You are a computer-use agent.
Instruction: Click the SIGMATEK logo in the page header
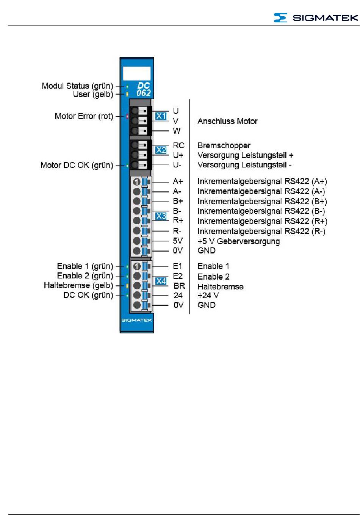[316, 17]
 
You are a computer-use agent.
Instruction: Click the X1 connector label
[161, 116]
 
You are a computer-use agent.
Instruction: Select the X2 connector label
[161, 150]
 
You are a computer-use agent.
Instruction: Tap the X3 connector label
[161, 216]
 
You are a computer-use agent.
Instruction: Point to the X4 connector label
[161, 281]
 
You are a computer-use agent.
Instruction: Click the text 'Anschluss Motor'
[227, 121]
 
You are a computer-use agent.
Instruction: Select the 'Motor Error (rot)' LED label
[84, 116]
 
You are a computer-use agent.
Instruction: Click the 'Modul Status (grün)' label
[77, 86]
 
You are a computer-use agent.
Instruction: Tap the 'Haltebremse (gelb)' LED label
[78, 286]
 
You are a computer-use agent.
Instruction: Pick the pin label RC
[178, 145]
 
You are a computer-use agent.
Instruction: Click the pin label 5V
[178, 241]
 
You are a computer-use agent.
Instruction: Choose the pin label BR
[179, 286]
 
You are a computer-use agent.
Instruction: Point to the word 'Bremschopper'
[224, 145]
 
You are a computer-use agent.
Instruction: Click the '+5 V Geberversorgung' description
[239, 241]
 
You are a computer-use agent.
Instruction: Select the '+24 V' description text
[208, 296]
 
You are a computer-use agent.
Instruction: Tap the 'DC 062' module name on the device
[144, 89]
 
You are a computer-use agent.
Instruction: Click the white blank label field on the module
[136, 73]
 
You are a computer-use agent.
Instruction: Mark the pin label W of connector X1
[177, 131]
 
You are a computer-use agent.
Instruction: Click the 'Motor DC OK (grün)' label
[77, 165]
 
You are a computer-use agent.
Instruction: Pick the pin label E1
[177, 266]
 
